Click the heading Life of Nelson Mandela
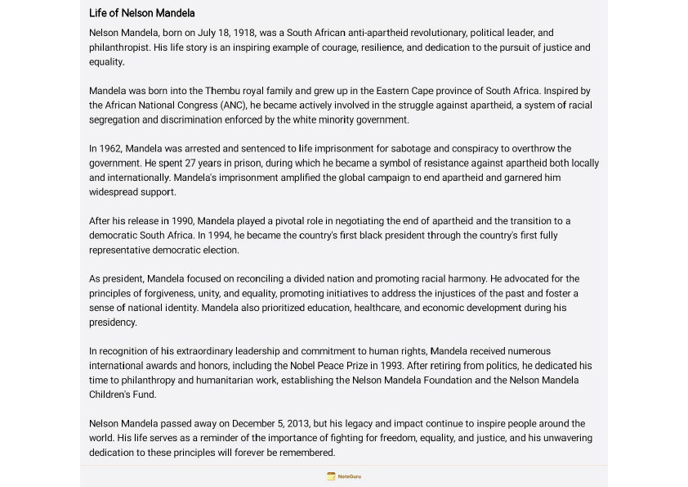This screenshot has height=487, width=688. coord(141,13)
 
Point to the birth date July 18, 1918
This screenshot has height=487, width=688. coord(225,33)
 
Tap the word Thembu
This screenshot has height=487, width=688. coord(221,91)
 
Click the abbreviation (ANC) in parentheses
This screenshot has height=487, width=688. coord(231,106)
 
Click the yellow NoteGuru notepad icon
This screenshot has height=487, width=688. coord(331,476)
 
